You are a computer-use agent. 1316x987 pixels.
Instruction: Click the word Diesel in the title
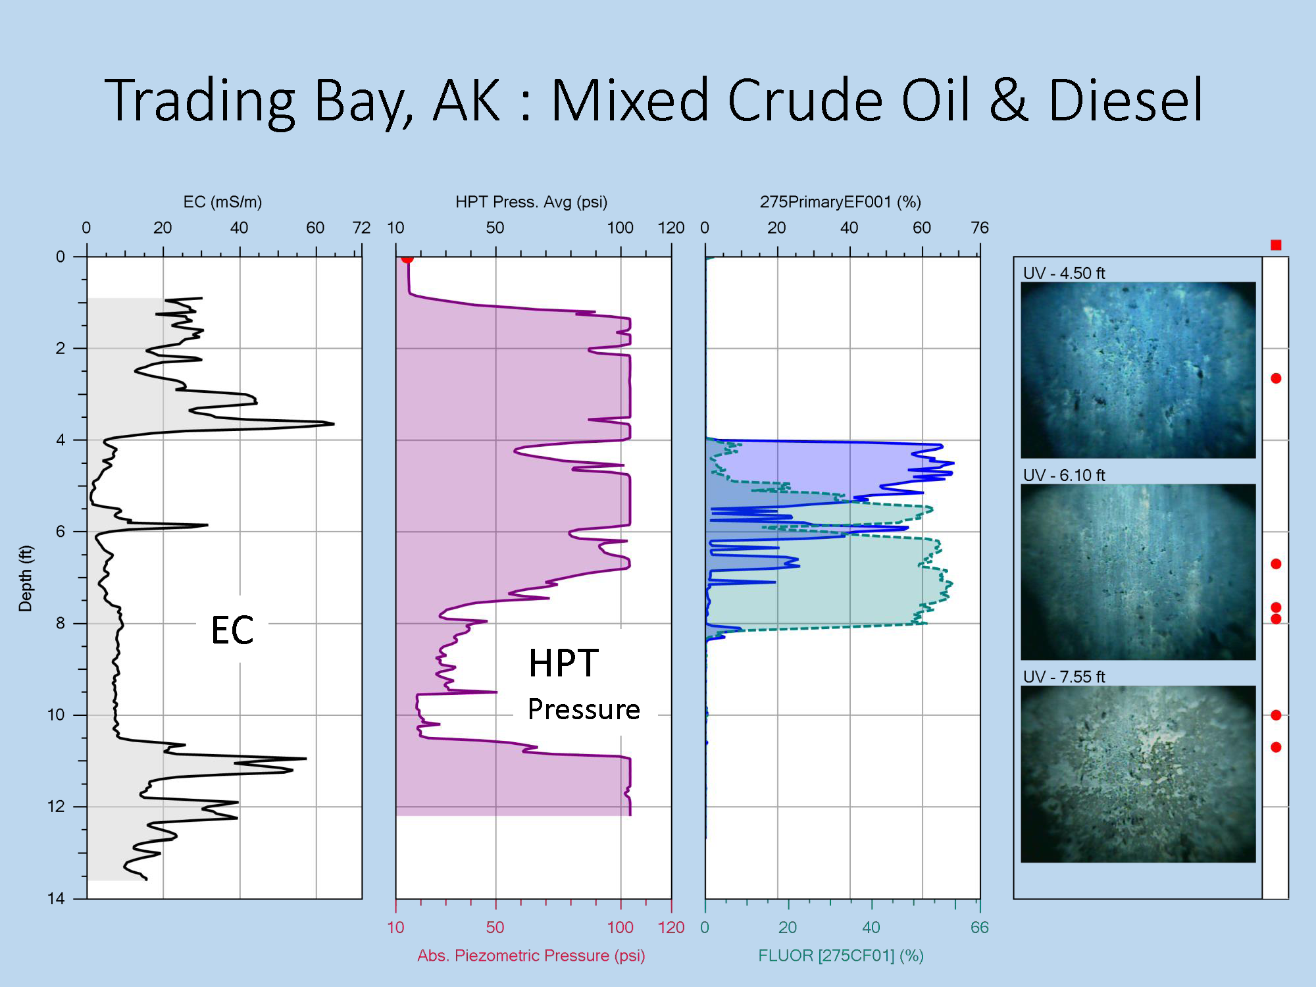point(1126,100)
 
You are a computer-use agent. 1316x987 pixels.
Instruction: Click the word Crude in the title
point(805,100)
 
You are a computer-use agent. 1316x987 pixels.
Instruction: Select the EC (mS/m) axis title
point(222,202)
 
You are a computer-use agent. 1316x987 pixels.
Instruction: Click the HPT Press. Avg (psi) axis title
point(532,202)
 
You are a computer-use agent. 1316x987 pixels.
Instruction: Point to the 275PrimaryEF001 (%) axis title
point(840,202)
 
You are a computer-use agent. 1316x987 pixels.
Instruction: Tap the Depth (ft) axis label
point(25,578)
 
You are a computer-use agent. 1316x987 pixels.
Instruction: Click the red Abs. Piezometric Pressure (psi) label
point(531,955)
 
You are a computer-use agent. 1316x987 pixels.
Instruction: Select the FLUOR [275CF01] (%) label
point(841,955)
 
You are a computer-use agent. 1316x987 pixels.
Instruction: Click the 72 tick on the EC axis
point(361,228)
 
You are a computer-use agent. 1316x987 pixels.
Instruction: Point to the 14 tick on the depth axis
point(56,898)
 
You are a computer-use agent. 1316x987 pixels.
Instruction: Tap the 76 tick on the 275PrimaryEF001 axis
point(980,228)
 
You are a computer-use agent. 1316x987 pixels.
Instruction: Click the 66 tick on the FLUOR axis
point(980,927)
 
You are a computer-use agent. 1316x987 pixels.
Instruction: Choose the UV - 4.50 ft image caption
point(1064,273)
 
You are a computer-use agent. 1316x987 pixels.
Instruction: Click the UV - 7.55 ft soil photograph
point(1138,774)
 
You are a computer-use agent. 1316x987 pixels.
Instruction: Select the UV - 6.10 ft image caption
point(1064,475)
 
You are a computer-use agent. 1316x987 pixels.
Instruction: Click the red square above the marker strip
point(1276,245)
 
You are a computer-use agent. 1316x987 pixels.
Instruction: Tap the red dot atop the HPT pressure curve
point(407,259)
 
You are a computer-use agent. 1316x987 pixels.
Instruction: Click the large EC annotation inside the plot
point(232,630)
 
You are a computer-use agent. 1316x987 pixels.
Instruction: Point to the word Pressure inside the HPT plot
point(584,709)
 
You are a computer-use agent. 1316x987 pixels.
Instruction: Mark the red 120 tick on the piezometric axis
point(671,927)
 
